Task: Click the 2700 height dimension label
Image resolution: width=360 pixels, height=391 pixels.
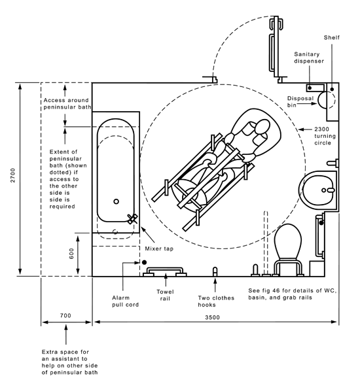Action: coord(13,175)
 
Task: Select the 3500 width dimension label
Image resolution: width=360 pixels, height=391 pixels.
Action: coord(213,317)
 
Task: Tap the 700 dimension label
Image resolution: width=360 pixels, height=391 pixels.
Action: coord(65,315)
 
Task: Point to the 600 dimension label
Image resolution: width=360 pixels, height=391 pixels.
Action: coord(71,254)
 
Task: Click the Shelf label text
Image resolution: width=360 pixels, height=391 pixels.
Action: coord(332,38)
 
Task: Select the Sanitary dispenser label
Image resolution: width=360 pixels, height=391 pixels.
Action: coord(309,58)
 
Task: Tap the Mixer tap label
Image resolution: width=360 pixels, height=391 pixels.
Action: coord(159,248)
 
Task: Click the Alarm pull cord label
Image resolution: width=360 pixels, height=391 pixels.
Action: coord(125,301)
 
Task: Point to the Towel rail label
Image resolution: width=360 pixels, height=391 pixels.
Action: coord(165,295)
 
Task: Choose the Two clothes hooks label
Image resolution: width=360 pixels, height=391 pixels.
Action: coord(216,301)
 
